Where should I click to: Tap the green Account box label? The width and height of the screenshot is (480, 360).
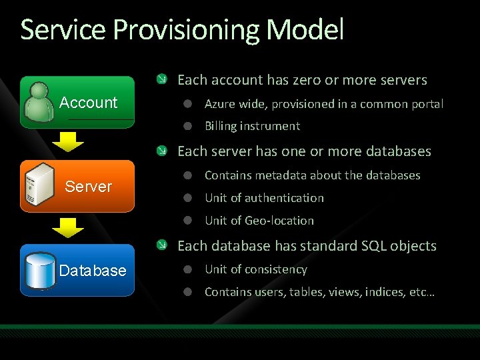point(88,103)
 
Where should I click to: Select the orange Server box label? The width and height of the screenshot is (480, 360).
point(88,187)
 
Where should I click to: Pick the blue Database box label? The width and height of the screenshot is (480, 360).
point(92,271)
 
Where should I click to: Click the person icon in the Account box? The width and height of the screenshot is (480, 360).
point(39,103)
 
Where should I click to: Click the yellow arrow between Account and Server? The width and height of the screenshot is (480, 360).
point(68,142)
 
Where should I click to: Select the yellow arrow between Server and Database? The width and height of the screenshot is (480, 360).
point(68,228)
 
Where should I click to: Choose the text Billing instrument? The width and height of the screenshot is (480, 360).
point(252,126)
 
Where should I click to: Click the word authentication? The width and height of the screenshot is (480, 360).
point(283,198)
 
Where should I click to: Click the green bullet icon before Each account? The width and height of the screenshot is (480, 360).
point(162,80)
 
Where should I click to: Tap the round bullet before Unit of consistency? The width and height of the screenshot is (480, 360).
point(189,270)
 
